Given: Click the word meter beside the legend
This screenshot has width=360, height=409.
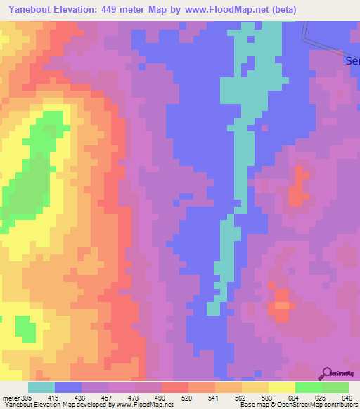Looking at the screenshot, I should pos(9,398).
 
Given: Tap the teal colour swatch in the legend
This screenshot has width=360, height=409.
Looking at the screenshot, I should pos(41,387).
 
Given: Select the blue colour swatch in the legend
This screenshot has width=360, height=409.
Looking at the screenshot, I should pos(68,387).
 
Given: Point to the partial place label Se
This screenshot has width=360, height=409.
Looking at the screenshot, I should pos(353,61).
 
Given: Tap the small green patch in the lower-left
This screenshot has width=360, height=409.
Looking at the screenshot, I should pos(25,329).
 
